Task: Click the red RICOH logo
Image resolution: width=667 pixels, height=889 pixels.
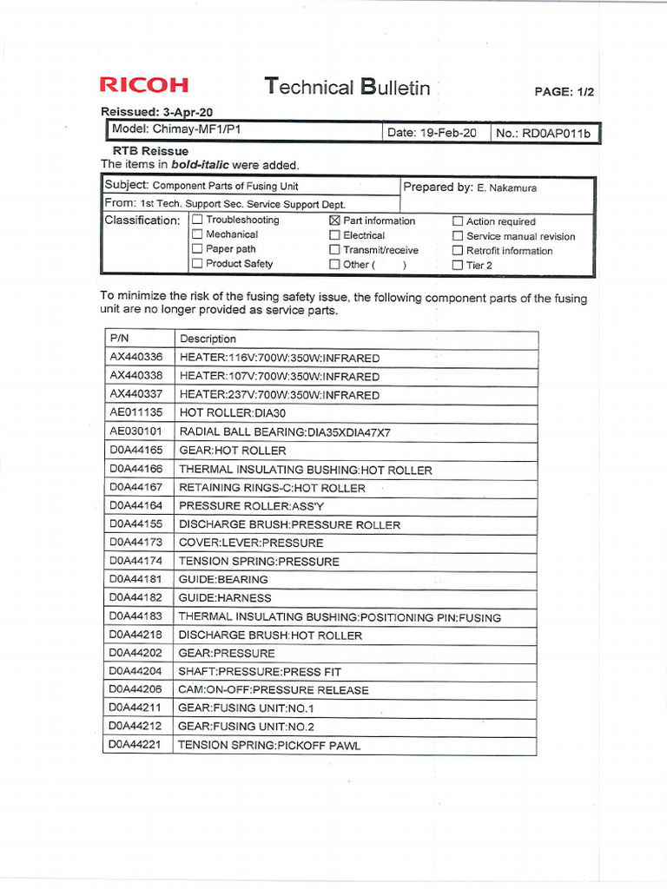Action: coord(143,85)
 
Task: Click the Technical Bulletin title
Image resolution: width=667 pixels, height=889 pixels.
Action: coord(347,87)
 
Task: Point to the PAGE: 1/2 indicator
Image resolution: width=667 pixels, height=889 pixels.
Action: coord(565,92)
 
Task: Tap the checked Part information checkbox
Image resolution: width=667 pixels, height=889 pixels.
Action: coord(334,221)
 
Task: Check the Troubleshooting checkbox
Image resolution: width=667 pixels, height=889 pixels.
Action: coord(197,220)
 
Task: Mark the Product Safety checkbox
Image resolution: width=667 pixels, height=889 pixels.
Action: coord(197,264)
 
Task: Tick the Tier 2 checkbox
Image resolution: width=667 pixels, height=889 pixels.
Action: coord(458,266)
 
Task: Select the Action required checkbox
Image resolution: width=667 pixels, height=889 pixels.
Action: coord(458,221)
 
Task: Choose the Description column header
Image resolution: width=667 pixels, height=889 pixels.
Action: coord(208,339)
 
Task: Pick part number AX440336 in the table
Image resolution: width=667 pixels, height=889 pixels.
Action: coord(135,358)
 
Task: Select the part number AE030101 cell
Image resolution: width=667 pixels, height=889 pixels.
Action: coord(135,431)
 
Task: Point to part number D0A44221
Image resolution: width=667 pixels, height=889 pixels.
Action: coord(135,744)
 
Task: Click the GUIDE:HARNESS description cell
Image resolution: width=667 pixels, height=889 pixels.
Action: coord(225,597)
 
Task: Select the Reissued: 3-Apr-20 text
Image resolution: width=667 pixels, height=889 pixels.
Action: coord(157,112)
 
